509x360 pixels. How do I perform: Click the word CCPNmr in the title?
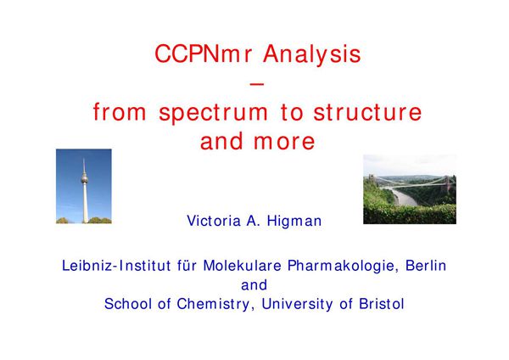[x=193, y=54]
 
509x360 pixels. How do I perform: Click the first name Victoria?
[x=214, y=221]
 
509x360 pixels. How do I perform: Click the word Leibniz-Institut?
[x=109, y=265]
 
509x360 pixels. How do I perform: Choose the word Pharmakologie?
[x=338, y=265]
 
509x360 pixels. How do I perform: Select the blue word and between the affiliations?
[x=255, y=284]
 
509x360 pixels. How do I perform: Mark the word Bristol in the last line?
[x=381, y=303]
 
